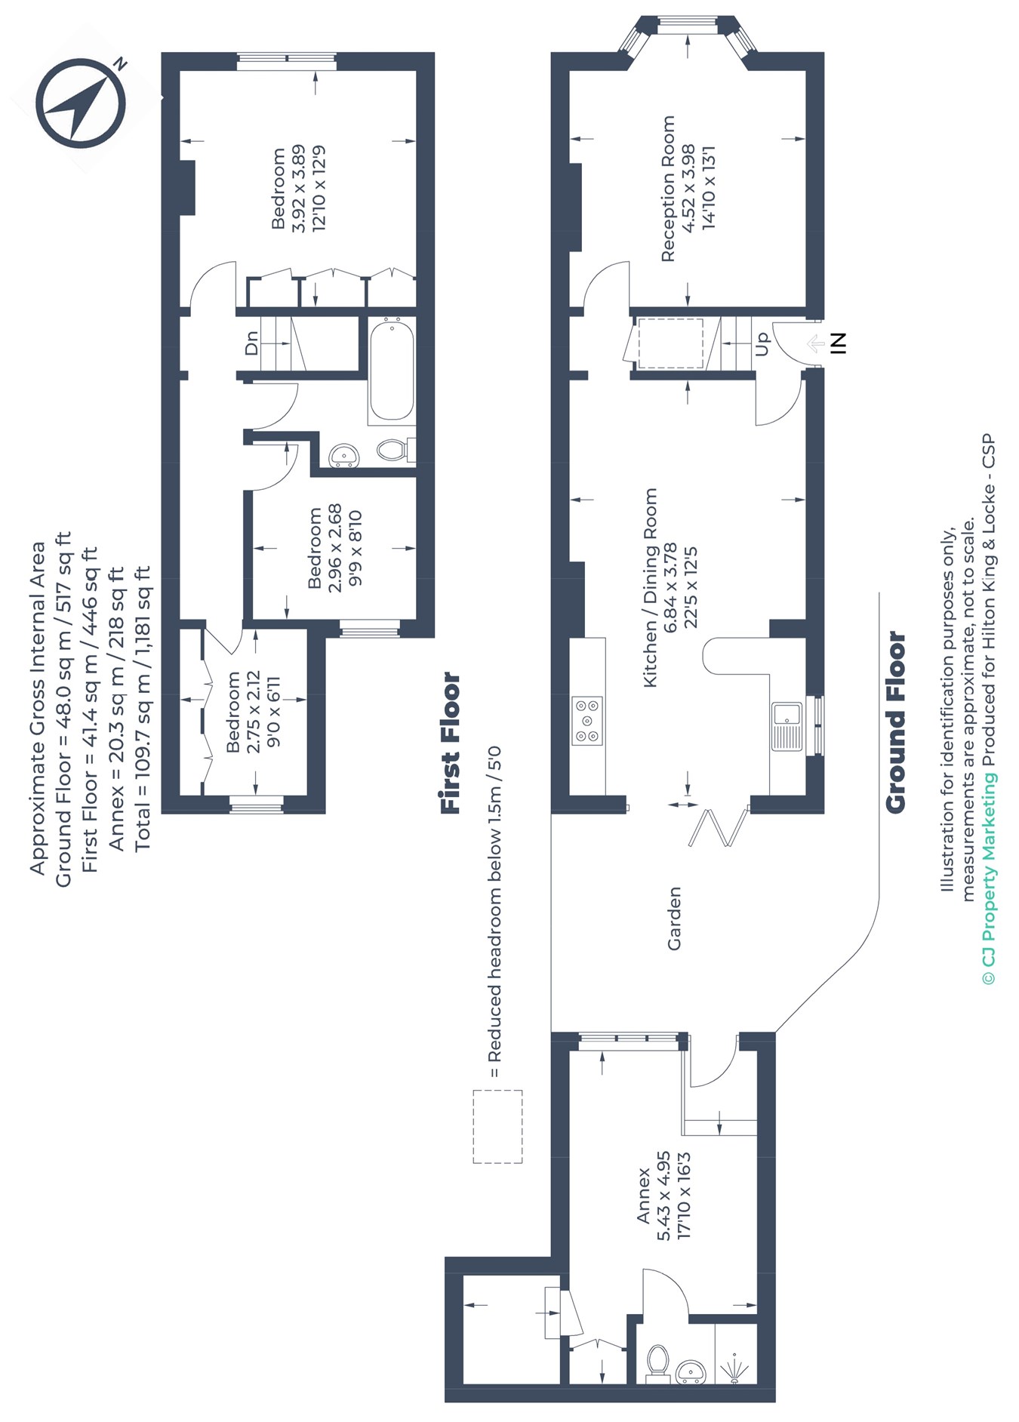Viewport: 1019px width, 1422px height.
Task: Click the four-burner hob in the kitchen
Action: [587, 720]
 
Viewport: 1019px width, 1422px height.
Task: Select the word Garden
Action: [674, 918]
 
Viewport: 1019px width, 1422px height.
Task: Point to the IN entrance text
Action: [839, 343]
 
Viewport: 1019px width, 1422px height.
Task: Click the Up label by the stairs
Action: [762, 344]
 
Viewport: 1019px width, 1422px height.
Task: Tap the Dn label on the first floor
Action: [252, 343]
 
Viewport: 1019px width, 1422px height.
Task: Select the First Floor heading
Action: [450, 743]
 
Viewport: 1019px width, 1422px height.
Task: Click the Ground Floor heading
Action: [895, 722]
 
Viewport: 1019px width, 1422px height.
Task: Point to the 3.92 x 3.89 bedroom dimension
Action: [299, 189]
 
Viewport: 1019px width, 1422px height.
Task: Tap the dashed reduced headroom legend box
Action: [497, 1126]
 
